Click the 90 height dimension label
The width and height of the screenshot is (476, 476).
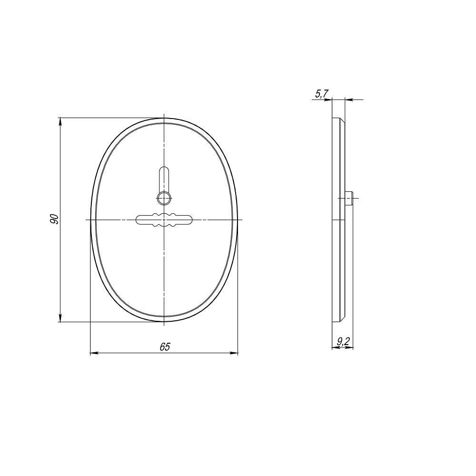click(54, 219)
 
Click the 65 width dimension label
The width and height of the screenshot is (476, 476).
click(165, 347)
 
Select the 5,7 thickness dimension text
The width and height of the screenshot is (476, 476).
click(321, 94)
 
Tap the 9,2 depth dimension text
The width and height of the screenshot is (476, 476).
click(343, 342)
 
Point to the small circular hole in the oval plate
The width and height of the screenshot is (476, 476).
click(164, 198)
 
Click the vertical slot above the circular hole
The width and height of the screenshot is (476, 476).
click(164, 180)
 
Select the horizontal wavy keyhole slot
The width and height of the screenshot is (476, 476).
click(164, 219)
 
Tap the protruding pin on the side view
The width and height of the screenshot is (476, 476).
click(348, 198)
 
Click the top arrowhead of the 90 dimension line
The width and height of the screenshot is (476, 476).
click(60, 121)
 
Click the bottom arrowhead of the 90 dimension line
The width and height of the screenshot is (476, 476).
click(60, 318)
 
